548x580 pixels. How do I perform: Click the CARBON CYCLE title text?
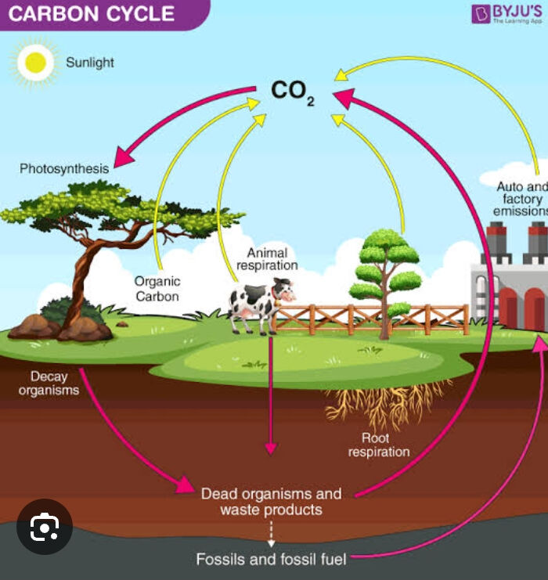coord(91,13)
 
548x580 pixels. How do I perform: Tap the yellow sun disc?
coord(35,63)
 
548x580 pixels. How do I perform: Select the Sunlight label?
coord(90,63)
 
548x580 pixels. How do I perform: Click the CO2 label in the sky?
coord(292,92)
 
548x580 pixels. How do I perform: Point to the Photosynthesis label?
coord(64,168)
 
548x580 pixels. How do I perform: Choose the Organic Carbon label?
coord(157,289)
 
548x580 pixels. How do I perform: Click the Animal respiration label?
coord(267,259)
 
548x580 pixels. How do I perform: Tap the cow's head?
coord(284,290)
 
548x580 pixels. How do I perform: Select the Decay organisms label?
coord(49,384)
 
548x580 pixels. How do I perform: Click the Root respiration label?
coord(379,445)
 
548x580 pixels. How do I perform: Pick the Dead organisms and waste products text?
coord(271,502)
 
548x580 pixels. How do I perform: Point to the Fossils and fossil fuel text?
coord(271,559)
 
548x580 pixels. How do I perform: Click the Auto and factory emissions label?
coord(521,199)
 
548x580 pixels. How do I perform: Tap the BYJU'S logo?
coord(507,14)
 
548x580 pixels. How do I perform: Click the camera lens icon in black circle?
coord(45,526)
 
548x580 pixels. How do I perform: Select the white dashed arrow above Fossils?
coord(271,534)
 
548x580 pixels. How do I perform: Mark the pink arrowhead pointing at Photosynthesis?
coord(123,157)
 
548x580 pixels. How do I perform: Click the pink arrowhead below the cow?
coord(271,448)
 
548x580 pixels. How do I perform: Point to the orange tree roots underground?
coord(387,403)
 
